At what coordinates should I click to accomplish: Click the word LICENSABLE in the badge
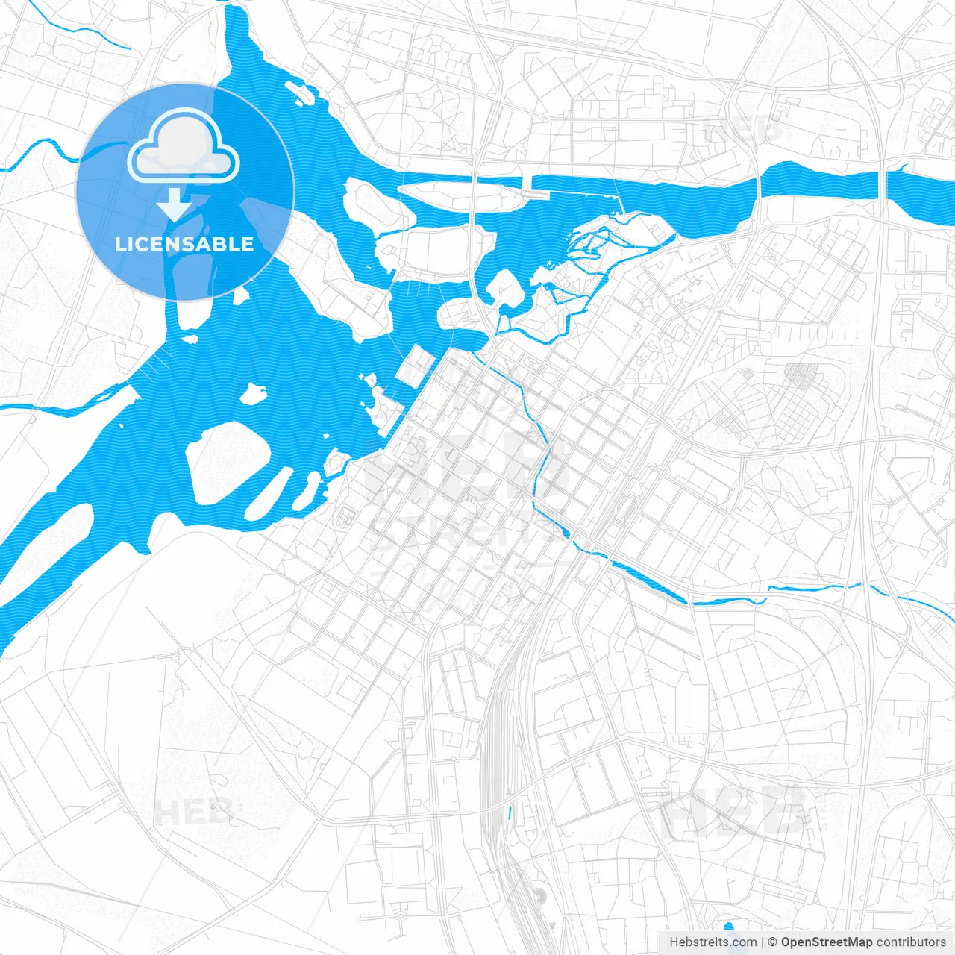coord(184,245)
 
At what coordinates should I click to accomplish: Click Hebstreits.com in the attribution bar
coord(713,942)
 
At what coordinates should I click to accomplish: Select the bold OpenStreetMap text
coord(826,942)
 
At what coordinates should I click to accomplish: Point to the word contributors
coord(910,942)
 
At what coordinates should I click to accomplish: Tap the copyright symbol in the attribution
coord(773,942)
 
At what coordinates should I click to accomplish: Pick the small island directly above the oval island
coord(254,393)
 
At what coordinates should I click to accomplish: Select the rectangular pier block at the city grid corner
coord(415,366)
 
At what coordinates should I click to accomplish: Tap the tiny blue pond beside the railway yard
coord(510,813)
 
